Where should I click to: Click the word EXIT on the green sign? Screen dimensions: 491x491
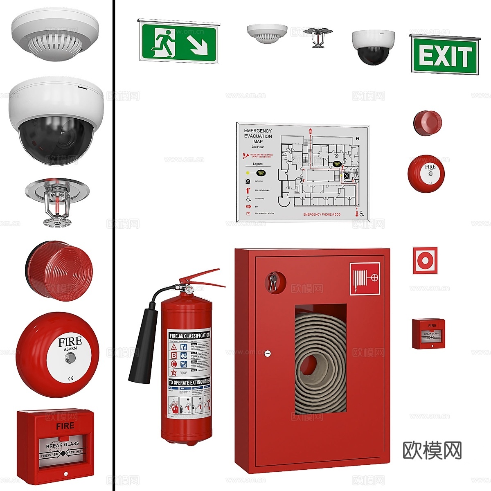[x=445, y=56]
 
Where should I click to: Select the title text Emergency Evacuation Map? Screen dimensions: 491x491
[x=258, y=136]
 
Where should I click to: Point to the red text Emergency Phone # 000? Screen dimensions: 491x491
[x=322, y=214]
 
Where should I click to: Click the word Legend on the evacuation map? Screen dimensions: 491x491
[x=258, y=164]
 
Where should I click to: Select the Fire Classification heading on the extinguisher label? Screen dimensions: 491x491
[x=189, y=336]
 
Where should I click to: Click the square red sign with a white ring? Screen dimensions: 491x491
[x=425, y=260]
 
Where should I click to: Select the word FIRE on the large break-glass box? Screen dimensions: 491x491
[x=65, y=426]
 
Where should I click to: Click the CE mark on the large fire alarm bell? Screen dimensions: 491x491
[x=70, y=378]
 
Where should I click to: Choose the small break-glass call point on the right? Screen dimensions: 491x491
[x=428, y=333]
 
